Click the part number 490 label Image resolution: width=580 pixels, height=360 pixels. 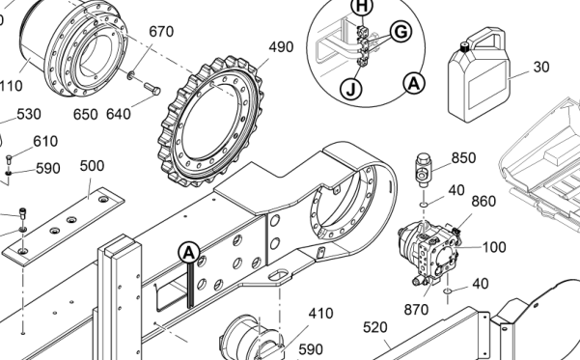click(x=281, y=47)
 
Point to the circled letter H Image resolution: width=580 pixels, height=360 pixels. click(x=362, y=7)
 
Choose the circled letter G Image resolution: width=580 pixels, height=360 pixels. click(x=401, y=32)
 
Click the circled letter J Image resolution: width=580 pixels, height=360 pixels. click(x=351, y=89)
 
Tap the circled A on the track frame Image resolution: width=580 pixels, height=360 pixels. click(x=189, y=253)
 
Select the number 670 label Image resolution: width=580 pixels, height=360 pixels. click(x=161, y=32)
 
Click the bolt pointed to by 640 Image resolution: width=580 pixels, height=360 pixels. click(x=152, y=89)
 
